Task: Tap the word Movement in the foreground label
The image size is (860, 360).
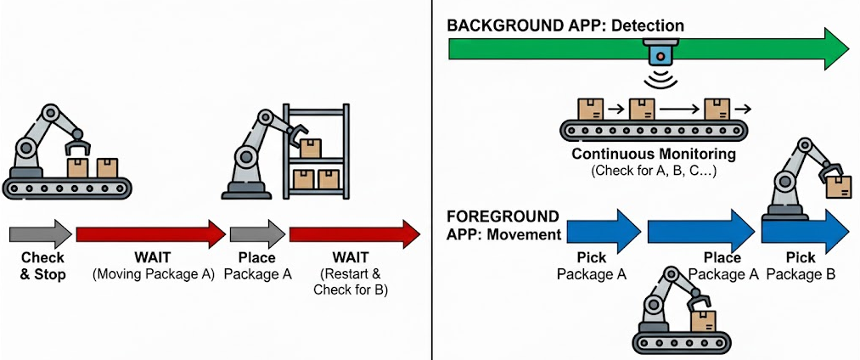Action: (x=526, y=234)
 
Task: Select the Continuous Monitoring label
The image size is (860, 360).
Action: (x=654, y=155)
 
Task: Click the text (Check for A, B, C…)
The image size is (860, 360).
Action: (x=654, y=171)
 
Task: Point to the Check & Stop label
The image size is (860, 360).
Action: (x=42, y=266)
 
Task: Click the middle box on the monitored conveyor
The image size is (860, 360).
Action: (x=644, y=108)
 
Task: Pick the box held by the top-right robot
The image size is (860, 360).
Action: (x=839, y=187)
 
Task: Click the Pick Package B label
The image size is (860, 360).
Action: (x=801, y=266)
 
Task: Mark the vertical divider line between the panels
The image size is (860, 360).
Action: (x=432, y=180)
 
